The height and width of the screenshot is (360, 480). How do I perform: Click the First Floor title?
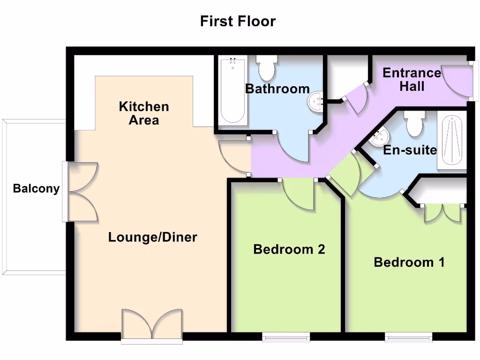238,21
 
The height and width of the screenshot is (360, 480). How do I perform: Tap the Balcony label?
36,188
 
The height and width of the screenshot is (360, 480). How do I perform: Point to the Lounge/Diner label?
152,237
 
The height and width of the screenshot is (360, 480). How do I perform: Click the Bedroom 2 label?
289,249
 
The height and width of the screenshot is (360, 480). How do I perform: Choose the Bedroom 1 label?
409,262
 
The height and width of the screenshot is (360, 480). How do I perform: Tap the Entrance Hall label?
412,79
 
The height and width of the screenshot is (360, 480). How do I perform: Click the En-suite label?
410,150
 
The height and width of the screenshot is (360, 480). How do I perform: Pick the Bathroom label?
277,89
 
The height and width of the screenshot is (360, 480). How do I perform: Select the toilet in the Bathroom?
267,68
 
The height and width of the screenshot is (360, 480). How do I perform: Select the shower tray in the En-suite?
452,139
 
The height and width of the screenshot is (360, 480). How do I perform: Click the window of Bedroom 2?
286,337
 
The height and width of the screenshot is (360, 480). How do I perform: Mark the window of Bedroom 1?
408,337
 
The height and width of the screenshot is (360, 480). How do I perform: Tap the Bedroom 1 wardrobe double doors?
442,212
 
